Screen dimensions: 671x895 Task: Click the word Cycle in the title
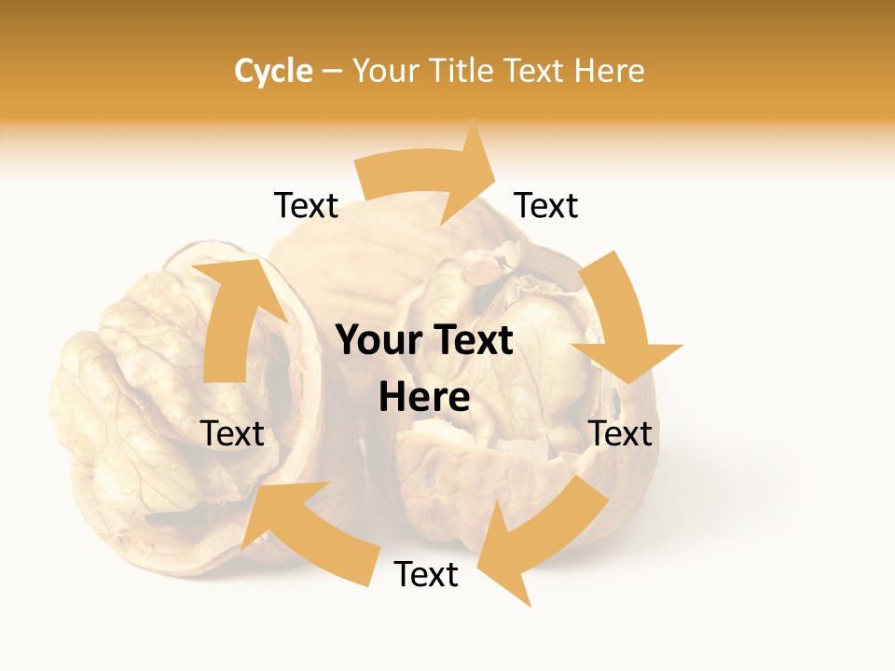[x=273, y=71]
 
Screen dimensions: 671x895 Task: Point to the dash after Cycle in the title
[x=331, y=71]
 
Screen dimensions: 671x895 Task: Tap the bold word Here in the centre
[x=424, y=398]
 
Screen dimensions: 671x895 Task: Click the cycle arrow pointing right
[x=429, y=177]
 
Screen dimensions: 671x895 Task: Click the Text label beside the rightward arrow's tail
[x=306, y=206]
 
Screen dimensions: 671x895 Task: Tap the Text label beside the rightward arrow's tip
[x=546, y=206]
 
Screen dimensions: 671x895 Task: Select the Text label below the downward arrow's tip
[x=620, y=433]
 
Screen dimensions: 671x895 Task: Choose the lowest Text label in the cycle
[x=426, y=575]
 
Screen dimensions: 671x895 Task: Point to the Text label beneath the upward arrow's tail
[x=233, y=433]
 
